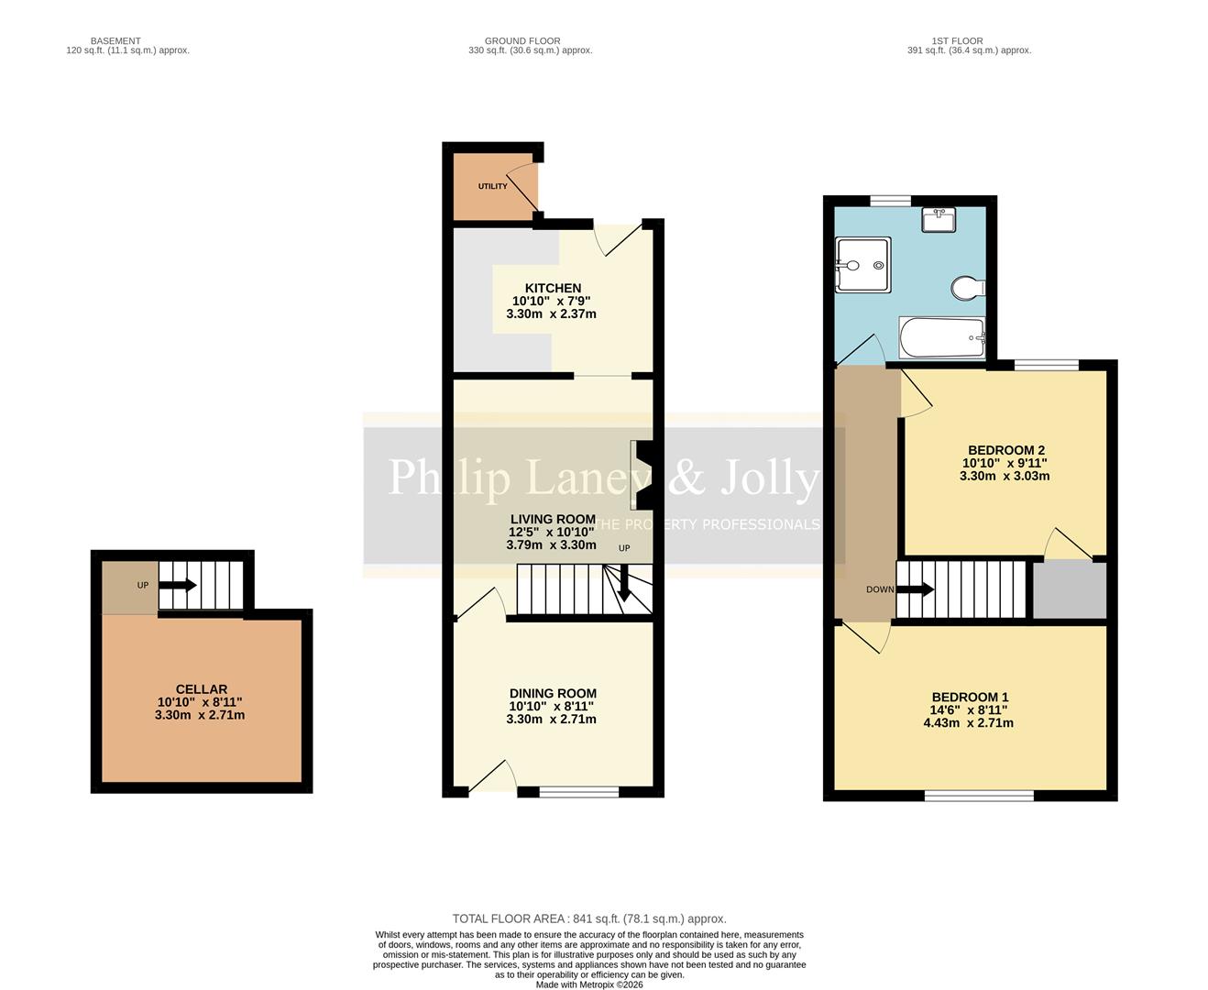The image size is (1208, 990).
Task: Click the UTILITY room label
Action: pyautogui.click(x=492, y=186)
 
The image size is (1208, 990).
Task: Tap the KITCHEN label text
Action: pyautogui.click(x=553, y=288)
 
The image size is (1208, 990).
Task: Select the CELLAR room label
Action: pyautogui.click(x=201, y=689)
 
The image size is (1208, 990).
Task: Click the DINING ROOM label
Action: pyautogui.click(x=553, y=694)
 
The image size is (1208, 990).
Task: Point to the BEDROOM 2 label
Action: pyautogui.click(x=1005, y=450)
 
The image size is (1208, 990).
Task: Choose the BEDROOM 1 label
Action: pyautogui.click(x=970, y=697)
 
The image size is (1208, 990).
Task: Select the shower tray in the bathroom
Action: pyautogui.click(x=862, y=266)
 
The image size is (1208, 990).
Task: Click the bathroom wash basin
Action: pyautogui.click(x=939, y=220)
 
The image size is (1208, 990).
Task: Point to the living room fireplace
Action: pyautogui.click(x=642, y=475)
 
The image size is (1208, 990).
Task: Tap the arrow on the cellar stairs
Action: pyautogui.click(x=178, y=585)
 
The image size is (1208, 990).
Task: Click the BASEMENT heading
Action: pyautogui.click(x=115, y=41)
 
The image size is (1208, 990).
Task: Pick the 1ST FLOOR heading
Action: pyautogui.click(x=957, y=41)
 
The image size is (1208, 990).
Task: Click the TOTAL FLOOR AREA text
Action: pyautogui.click(x=588, y=918)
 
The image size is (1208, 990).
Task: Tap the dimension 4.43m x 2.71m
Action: pyautogui.click(x=968, y=722)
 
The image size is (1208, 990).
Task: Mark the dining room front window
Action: pyautogui.click(x=578, y=792)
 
